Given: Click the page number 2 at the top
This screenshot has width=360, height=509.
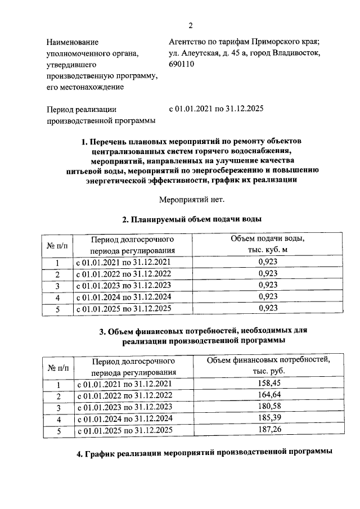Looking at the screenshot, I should (x=190, y=25).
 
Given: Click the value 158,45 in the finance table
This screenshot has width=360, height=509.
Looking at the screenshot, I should (x=268, y=384).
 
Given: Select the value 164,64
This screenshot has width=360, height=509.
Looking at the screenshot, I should (x=268, y=395).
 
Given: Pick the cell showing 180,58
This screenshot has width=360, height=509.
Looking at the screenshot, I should (x=268, y=407).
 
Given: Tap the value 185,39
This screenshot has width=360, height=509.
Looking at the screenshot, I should (x=268, y=419).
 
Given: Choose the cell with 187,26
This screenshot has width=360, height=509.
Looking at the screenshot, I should (x=268, y=431).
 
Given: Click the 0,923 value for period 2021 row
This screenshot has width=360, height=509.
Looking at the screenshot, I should (x=268, y=262).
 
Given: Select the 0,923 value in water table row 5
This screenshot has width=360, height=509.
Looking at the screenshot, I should (x=268, y=308).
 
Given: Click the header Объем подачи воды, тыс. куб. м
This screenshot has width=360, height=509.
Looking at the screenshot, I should (x=268, y=244).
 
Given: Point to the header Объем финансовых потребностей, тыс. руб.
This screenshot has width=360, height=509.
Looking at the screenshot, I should (x=268, y=366).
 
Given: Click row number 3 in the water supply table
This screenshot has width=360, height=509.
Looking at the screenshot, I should (x=57, y=285).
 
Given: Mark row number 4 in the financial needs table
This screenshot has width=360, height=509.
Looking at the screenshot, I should (x=57, y=420).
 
